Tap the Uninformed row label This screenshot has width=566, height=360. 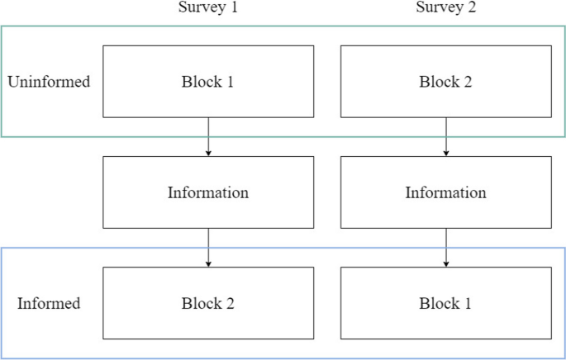[48, 82]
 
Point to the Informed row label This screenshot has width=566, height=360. [49, 303]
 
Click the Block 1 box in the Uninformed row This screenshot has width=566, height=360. [207, 82]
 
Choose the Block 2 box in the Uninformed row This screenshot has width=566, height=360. [446, 82]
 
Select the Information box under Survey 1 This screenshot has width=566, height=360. [207, 192]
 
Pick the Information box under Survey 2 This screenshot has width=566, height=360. [446, 192]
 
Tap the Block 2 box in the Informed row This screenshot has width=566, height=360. [207, 303]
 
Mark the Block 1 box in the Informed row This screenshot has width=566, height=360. [446, 303]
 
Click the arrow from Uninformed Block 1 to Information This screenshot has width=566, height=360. [207, 137]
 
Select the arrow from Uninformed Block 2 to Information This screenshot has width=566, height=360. [446, 137]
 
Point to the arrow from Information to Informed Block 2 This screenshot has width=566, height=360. [207, 248]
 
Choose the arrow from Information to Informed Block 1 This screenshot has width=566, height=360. [446, 248]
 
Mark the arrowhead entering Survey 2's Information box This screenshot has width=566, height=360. [446, 154]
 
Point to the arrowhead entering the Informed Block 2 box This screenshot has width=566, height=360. [207, 264]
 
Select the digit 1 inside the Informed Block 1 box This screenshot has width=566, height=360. [468, 303]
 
